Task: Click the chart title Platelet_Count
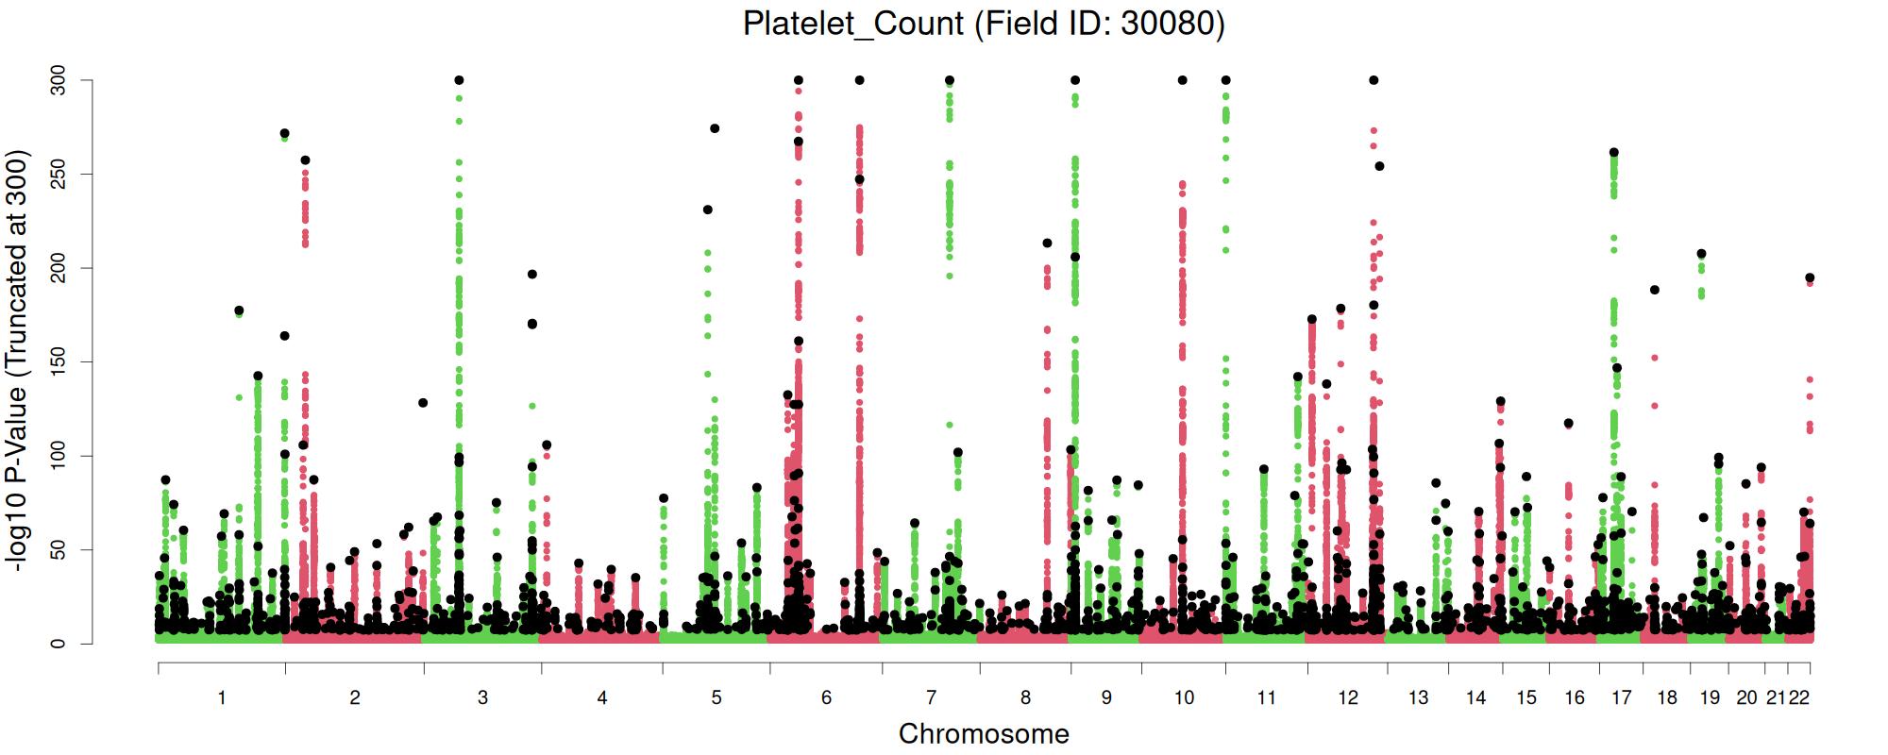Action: [x=984, y=23]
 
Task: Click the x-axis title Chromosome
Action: [x=984, y=733]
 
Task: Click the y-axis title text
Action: [x=17, y=361]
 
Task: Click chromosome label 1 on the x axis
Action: [x=222, y=698]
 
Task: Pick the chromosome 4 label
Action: [x=602, y=698]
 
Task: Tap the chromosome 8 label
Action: [x=1026, y=698]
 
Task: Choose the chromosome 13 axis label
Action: [x=1418, y=698]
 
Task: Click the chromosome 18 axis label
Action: [x=1667, y=698]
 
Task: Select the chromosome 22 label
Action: [x=1799, y=698]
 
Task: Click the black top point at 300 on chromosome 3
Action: [x=459, y=80]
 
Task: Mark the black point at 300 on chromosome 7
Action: [x=950, y=80]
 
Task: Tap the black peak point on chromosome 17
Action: [x=1614, y=152]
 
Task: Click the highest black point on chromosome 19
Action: [x=1701, y=254]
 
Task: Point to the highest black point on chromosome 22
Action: [x=1810, y=277]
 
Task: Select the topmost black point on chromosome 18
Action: [x=1655, y=290]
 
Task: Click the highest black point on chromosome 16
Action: [x=1568, y=423]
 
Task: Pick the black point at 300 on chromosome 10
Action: [x=1182, y=80]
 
